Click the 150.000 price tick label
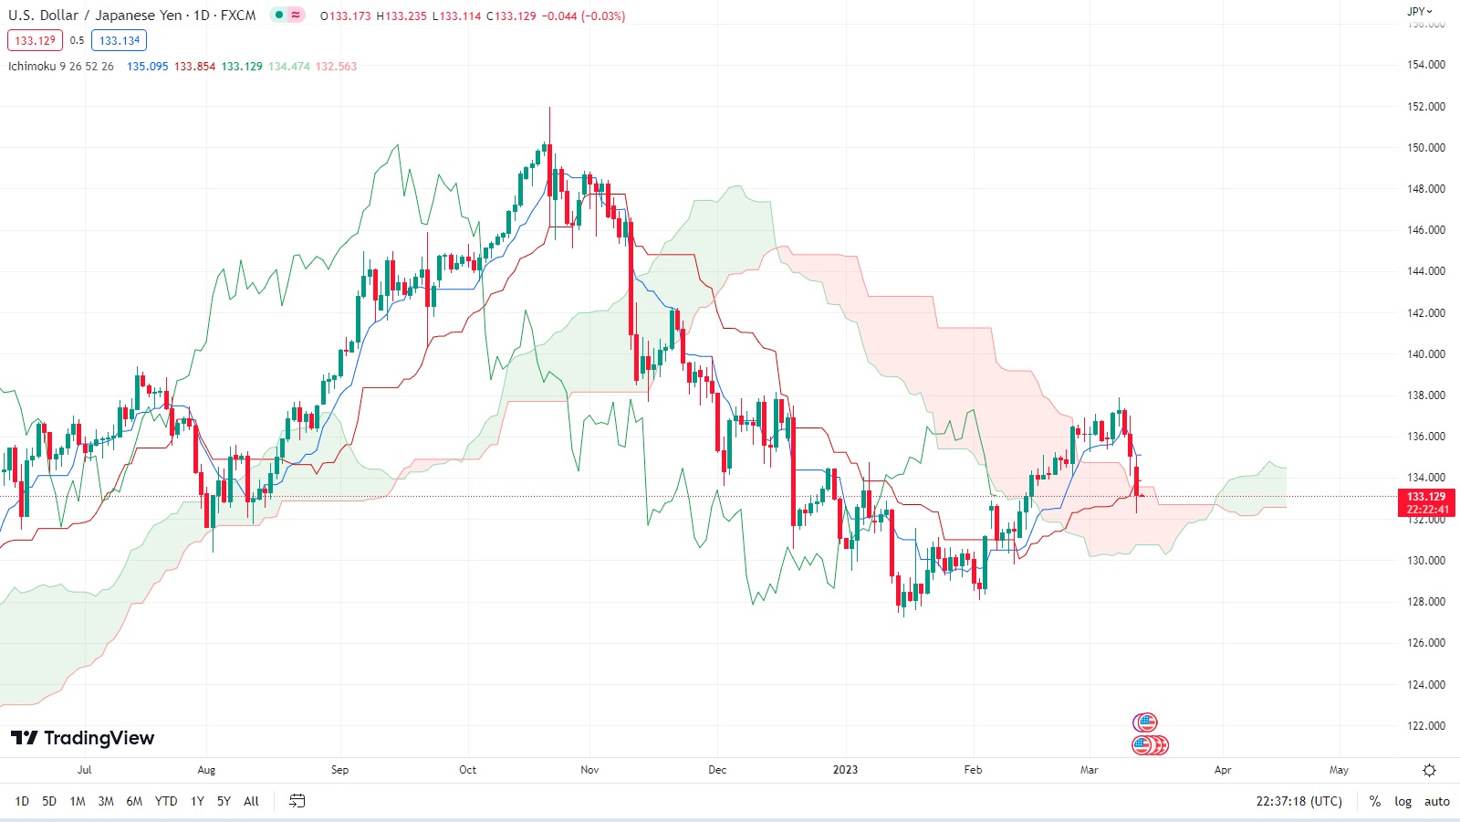click(1425, 147)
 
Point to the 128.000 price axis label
click(1425, 601)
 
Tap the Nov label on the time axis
click(589, 770)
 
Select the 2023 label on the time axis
click(845, 770)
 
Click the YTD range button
click(166, 801)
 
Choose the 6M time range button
click(134, 801)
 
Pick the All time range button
click(251, 801)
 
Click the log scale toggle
click(1403, 801)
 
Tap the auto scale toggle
click(1436, 801)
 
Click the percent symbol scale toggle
click(1375, 801)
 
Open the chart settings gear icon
click(1429, 770)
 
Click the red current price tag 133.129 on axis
click(1425, 497)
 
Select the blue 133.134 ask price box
click(120, 40)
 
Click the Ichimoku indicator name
click(32, 67)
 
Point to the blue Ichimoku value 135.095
click(147, 67)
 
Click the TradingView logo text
click(99, 738)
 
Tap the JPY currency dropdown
click(1419, 12)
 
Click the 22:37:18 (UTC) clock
click(1298, 801)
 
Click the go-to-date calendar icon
click(297, 801)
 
